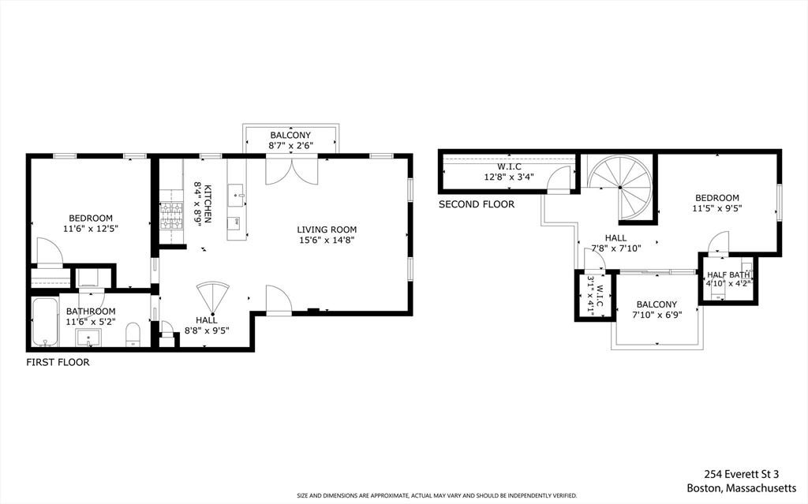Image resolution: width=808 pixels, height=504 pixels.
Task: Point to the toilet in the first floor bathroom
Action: tap(133, 334)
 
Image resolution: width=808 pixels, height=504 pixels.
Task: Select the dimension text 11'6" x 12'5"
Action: tap(90, 230)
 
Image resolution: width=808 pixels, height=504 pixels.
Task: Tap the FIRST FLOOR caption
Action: tap(58, 363)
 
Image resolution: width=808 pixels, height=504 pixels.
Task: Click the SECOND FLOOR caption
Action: tap(476, 204)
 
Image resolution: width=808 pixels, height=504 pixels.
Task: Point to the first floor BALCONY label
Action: tap(290, 135)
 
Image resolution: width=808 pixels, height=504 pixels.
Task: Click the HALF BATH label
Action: tap(728, 274)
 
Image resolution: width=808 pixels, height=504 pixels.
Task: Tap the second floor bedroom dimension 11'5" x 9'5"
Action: tap(716, 209)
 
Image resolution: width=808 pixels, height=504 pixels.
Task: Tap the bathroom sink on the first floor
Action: tap(88, 339)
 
